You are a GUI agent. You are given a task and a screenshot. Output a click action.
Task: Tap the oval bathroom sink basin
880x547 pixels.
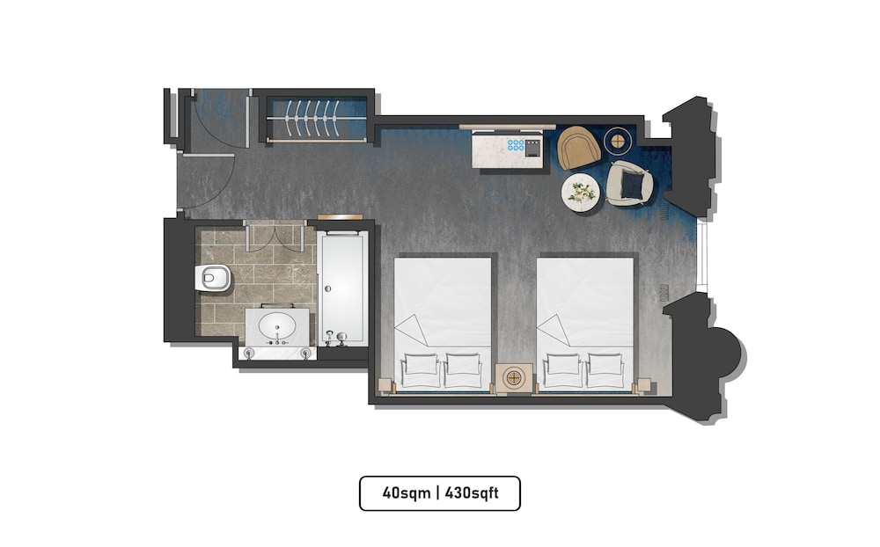pyautogui.click(x=276, y=325)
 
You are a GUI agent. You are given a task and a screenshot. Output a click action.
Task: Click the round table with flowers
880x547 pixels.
pyautogui.click(x=581, y=193)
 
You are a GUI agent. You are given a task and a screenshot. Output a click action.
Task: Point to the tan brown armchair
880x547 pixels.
pyautogui.click(x=579, y=147)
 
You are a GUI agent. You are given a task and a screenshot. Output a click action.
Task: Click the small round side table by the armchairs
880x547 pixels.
pyautogui.click(x=617, y=140)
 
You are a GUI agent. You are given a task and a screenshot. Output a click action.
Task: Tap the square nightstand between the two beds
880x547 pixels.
pyautogui.click(x=514, y=378)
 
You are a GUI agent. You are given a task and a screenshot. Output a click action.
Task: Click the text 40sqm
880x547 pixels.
pyautogui.click(x=407, y=493)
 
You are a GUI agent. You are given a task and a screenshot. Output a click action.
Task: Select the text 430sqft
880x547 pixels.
pyautogui.click(x=472, y=493)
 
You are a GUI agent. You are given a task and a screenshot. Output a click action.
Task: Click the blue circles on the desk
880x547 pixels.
pyautogui.click(x=515, y=145)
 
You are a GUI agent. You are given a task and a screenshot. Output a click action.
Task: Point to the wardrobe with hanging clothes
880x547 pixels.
pyautogui.click(x=317, y=119)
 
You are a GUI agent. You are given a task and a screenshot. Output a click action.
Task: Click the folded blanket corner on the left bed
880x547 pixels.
pyautogui.click(x=412, y=330)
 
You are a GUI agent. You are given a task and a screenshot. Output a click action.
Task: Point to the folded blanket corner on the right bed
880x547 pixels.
pyautogui.click(x=554, y=330)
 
